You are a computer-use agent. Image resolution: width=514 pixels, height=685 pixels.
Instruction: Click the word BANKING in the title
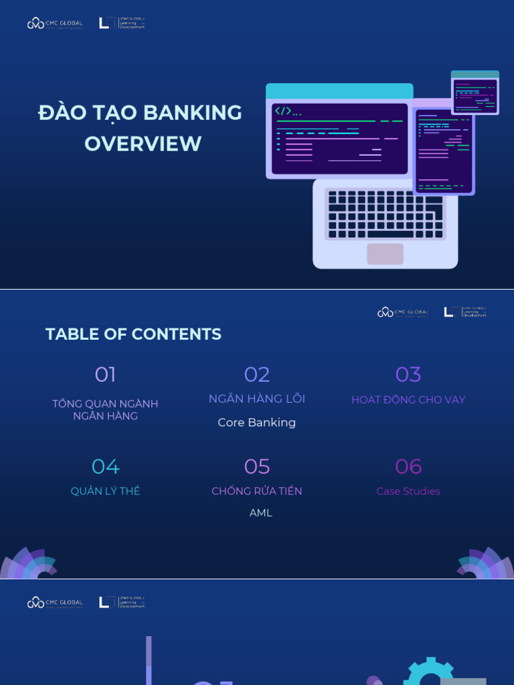[x=193, y=113]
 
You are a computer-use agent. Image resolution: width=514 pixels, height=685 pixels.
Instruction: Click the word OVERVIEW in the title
[x=143, y=144]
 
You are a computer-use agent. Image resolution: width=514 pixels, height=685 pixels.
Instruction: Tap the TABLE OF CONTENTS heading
[x=133, y=334]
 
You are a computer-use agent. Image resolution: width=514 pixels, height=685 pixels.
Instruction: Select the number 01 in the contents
[x=105, y=375]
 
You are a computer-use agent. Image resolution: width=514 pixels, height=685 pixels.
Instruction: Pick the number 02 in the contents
[x=257, y=375]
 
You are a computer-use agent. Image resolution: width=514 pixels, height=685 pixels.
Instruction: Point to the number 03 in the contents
[x=408, y=375]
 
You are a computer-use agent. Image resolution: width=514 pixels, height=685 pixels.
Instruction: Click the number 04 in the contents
[x=105, y=466]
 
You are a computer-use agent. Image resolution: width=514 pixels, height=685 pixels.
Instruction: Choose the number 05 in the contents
[x=257, y=466]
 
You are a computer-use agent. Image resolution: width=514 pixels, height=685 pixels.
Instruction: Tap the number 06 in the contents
[x=408, y=466]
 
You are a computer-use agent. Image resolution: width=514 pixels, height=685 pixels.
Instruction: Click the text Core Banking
[x=257, y=423]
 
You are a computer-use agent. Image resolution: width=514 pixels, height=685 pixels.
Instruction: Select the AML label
[x=260, y=513]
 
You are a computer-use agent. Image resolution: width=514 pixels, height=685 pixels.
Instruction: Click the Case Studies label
[x=408, y=492]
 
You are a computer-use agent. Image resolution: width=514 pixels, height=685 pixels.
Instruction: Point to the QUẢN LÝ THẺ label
[x=105, y=492]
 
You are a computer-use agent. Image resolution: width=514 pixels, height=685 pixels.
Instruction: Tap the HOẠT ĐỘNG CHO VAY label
[x=408, y=400]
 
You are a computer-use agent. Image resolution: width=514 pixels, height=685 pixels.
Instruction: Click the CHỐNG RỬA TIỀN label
[x=257, y=492]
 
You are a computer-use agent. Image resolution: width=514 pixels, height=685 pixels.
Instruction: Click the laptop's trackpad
[x=385, y=254]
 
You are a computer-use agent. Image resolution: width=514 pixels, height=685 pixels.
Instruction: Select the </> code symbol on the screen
[x=284, y=112]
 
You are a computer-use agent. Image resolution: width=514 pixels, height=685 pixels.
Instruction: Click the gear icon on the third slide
[x=429, y=672]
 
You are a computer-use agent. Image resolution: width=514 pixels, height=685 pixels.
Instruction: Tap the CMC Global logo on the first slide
[x=55, y=23]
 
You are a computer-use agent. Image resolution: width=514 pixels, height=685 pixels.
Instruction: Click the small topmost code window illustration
[x=475, y=93]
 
